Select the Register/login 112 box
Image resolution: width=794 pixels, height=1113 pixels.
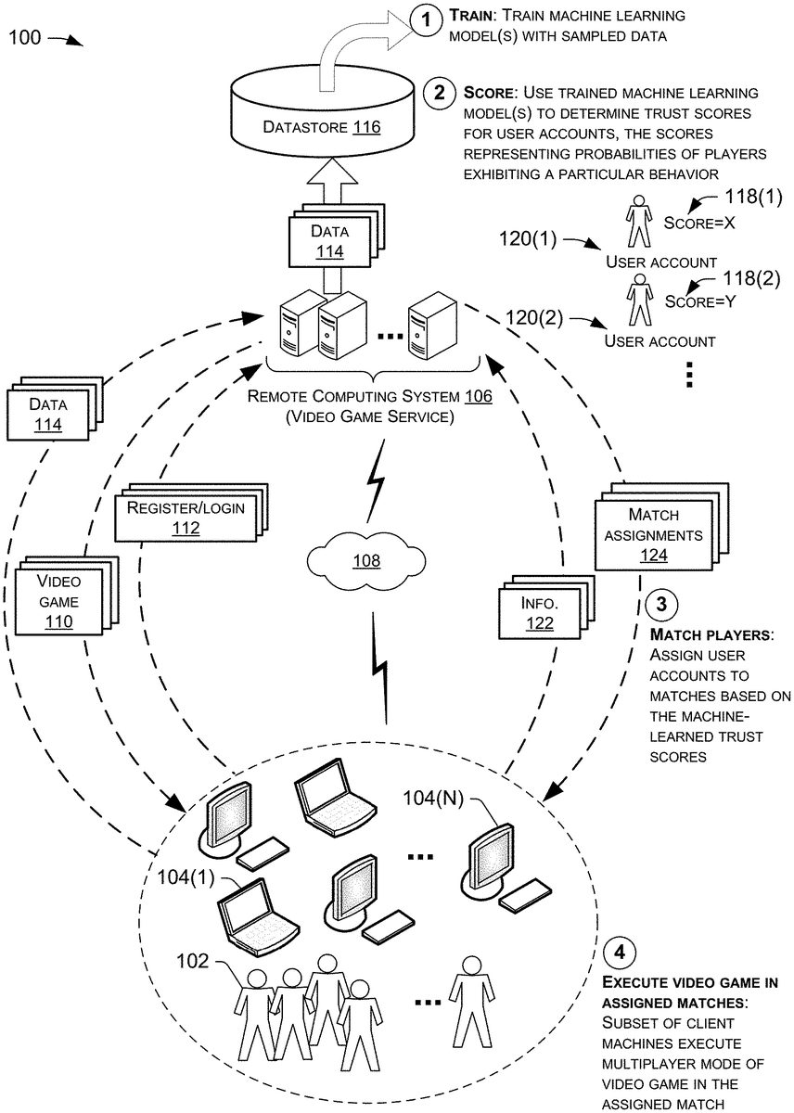[186, 518]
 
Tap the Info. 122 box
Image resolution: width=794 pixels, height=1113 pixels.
[539, 611]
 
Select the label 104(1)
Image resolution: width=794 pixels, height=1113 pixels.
[186, 876]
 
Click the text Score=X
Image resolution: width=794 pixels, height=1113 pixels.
[698, 222]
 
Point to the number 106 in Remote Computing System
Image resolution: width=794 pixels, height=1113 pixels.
[475, 396]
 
